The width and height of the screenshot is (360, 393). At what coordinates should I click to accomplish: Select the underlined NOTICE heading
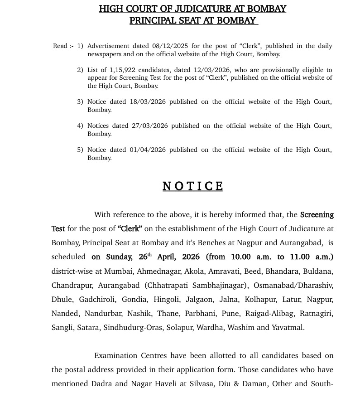tap(193, 186)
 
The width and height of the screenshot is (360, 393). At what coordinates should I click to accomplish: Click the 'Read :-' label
tap(63, 46)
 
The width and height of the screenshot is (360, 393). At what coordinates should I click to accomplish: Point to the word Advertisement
tap(108, 46)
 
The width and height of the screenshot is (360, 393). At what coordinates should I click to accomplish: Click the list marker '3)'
tap(80, 102)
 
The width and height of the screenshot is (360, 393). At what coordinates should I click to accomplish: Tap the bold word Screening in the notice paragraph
tap(317, 214)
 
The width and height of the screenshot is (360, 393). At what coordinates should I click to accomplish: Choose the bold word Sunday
tap(120, 257)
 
